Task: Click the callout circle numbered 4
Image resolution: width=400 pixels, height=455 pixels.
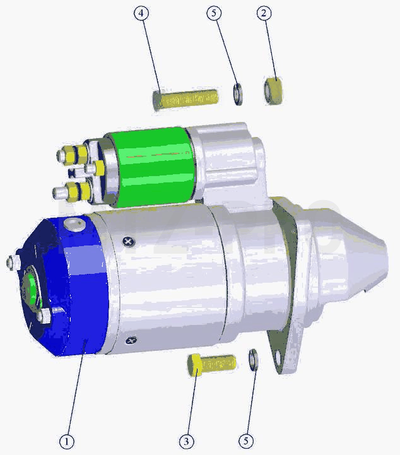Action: (141, 13)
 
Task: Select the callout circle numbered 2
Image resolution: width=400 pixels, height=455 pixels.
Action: (264, 13)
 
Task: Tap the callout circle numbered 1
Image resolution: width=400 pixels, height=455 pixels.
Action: (67, 442)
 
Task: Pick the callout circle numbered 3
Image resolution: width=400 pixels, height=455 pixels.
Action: (186, 442)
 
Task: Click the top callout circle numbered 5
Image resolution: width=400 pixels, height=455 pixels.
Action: (214, 13)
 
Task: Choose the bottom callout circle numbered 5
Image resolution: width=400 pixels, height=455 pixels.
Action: (245, 441)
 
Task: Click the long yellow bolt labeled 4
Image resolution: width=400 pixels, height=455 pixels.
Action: (185, 100)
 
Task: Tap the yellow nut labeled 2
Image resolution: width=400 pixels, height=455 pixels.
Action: (273, 90)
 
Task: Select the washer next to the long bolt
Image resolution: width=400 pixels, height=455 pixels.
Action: (238, 94)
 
